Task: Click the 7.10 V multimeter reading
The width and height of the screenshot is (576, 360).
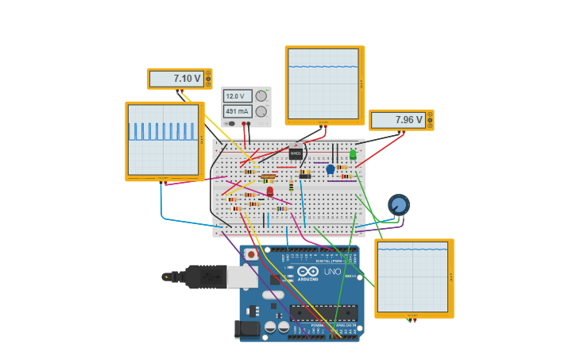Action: pos(176,79)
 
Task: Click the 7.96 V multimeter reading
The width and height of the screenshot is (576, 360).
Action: pos(398,120)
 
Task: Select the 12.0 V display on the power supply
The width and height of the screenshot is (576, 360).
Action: pos(238,96)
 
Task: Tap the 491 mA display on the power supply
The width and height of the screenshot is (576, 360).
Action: pos(238,111)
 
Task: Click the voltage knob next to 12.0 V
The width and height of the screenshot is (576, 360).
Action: pos(261,96)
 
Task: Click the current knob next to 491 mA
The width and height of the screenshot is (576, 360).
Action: pos(261,111)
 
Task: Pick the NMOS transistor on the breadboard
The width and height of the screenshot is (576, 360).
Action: pos(296,153)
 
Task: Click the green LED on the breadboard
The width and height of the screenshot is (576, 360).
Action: pos(353,155)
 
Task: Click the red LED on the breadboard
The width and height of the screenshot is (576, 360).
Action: pos(270,191)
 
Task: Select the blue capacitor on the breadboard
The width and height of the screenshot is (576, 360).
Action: pos(331,169)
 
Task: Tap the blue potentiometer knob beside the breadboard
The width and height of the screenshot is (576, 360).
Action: pos(399,205)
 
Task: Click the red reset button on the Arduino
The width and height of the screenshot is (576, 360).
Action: pos(251,255)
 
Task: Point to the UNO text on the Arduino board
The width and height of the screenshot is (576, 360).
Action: pos(332,272)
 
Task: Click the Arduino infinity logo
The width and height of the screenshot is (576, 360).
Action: pos(308,271)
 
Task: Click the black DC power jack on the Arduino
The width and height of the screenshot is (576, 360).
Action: pos(248,329)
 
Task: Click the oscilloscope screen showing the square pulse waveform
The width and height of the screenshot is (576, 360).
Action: pos(163,140)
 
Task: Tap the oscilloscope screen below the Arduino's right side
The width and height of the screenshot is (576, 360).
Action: pos(412,278)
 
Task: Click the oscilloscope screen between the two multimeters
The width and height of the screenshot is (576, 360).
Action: pos(323,83)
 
